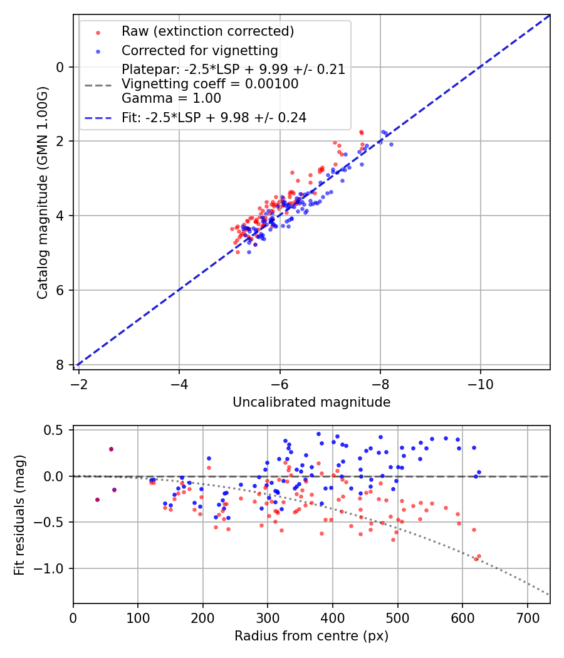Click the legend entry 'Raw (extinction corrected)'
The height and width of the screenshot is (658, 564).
[207, 31]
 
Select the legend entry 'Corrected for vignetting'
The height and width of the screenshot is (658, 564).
[199, 50]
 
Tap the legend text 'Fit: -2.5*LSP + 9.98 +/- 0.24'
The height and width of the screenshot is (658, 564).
[214, 117]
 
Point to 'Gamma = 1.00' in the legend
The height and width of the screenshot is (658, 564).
[171, 98]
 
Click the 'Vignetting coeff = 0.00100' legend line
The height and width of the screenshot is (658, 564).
[210, 84]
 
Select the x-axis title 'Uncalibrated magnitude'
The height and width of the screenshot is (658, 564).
[311, 402]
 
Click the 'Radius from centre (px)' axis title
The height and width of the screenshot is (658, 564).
[311, 636]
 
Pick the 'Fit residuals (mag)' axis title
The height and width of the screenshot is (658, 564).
[19, 514]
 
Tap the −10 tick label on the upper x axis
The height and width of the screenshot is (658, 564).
[480, 382]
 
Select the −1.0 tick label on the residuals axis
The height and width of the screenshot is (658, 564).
[52, 568]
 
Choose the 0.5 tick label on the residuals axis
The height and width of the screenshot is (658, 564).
[56, 430]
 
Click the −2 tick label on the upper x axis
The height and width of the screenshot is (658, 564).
[79, 382]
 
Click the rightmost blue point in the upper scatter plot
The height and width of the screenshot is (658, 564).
[391, 144]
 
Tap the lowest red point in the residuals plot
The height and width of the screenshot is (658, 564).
[476, 558]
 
